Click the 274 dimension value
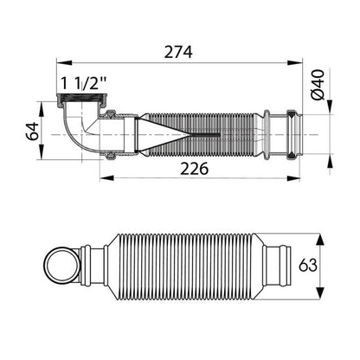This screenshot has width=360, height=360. pos(178,52)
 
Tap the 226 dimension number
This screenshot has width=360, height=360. pos(194,169)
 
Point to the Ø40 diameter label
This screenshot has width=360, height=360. pos(318,85)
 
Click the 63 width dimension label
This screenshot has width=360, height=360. pos(308,265)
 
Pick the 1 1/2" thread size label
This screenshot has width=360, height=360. pos(84,84)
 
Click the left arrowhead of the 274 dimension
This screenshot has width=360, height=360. pos(64,62)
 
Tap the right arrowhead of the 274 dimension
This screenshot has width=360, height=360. pos(294,63)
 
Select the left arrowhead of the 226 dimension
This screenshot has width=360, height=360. pos(107,178)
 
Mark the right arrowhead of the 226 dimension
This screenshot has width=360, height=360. pos(292,178)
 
